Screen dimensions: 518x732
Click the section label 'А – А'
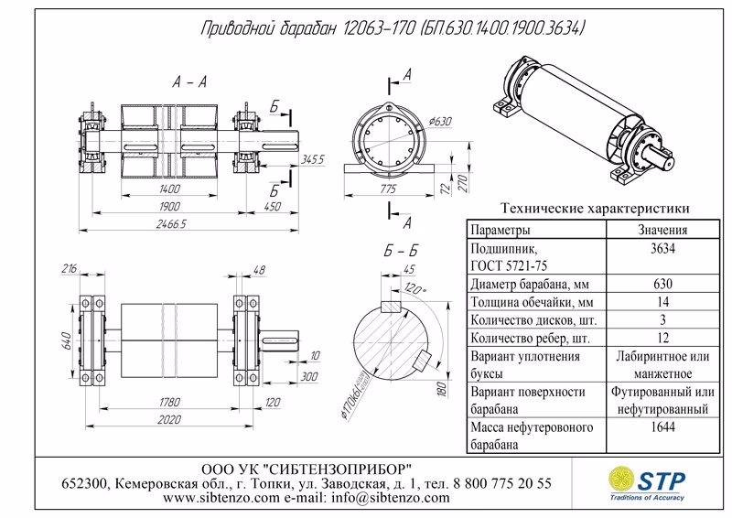pos(189,83)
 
